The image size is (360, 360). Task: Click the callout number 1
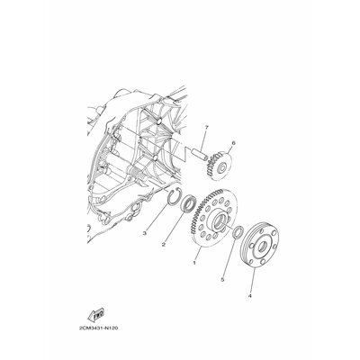pyautogui.click(x=194, y=263)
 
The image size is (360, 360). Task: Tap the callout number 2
pyautogui.click(x=164, y=245)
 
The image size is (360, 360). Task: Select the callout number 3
pyautogui.click(x=145, y=233)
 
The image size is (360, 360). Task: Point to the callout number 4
pyautogui.click(x=249, y=295)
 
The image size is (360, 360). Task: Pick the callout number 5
pyautogui.click(x=222, y=279)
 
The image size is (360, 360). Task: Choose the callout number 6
pyautogui.click(x=233, y=143)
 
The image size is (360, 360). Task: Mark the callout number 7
pyautogui.click(x=206, y=128)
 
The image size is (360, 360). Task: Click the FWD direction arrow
pyautogui.click(x=95, y=314)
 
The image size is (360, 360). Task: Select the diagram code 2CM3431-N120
pyautogui.click(x=98, y=328)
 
